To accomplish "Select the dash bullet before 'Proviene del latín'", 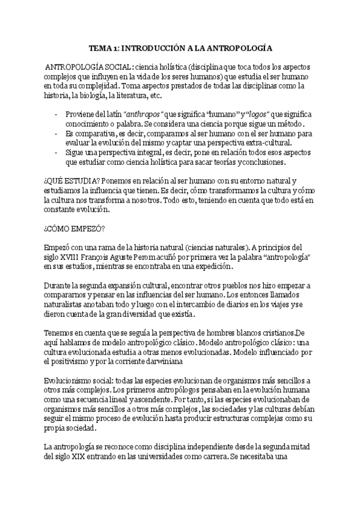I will [x=56, y=114].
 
